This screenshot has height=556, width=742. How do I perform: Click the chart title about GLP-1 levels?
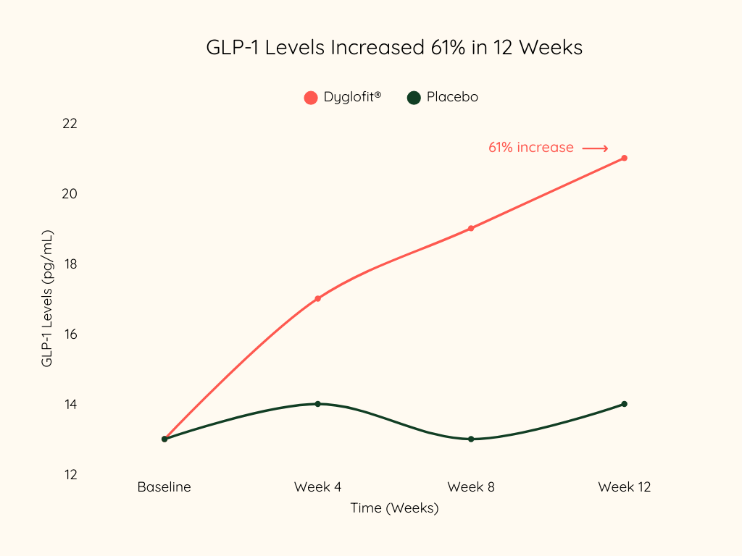[394, 48]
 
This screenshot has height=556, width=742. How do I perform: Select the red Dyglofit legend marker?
[311, 97]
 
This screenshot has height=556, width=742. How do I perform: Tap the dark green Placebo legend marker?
[414, 97]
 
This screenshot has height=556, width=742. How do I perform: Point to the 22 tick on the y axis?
[70, 124]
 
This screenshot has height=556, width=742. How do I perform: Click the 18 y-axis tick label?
[70, 264]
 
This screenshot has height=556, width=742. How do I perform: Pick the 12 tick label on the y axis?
[70, 475]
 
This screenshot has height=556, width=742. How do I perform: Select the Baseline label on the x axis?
[164, 487]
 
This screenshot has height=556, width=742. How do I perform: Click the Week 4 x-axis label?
[317, 487]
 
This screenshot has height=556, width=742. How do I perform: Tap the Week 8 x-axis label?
[471, 487]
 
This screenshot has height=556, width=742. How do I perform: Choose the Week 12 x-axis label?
[625, 487]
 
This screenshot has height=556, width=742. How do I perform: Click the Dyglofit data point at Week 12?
[624, 158]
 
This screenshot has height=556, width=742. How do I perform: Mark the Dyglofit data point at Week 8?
[471, 228]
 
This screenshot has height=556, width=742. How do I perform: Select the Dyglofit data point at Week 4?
[317, 298]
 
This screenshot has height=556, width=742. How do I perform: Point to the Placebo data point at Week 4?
[317, 404]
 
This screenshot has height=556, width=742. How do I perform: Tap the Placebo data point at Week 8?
[471, 439]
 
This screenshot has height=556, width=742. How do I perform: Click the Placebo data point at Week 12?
[624, 404]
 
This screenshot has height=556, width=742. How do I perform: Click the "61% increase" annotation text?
[531, 148]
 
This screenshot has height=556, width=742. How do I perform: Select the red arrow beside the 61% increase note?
[596, 148]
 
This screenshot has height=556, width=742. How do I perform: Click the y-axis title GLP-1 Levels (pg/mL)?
[47, 298]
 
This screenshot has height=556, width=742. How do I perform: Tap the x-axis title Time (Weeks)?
[394, 508]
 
